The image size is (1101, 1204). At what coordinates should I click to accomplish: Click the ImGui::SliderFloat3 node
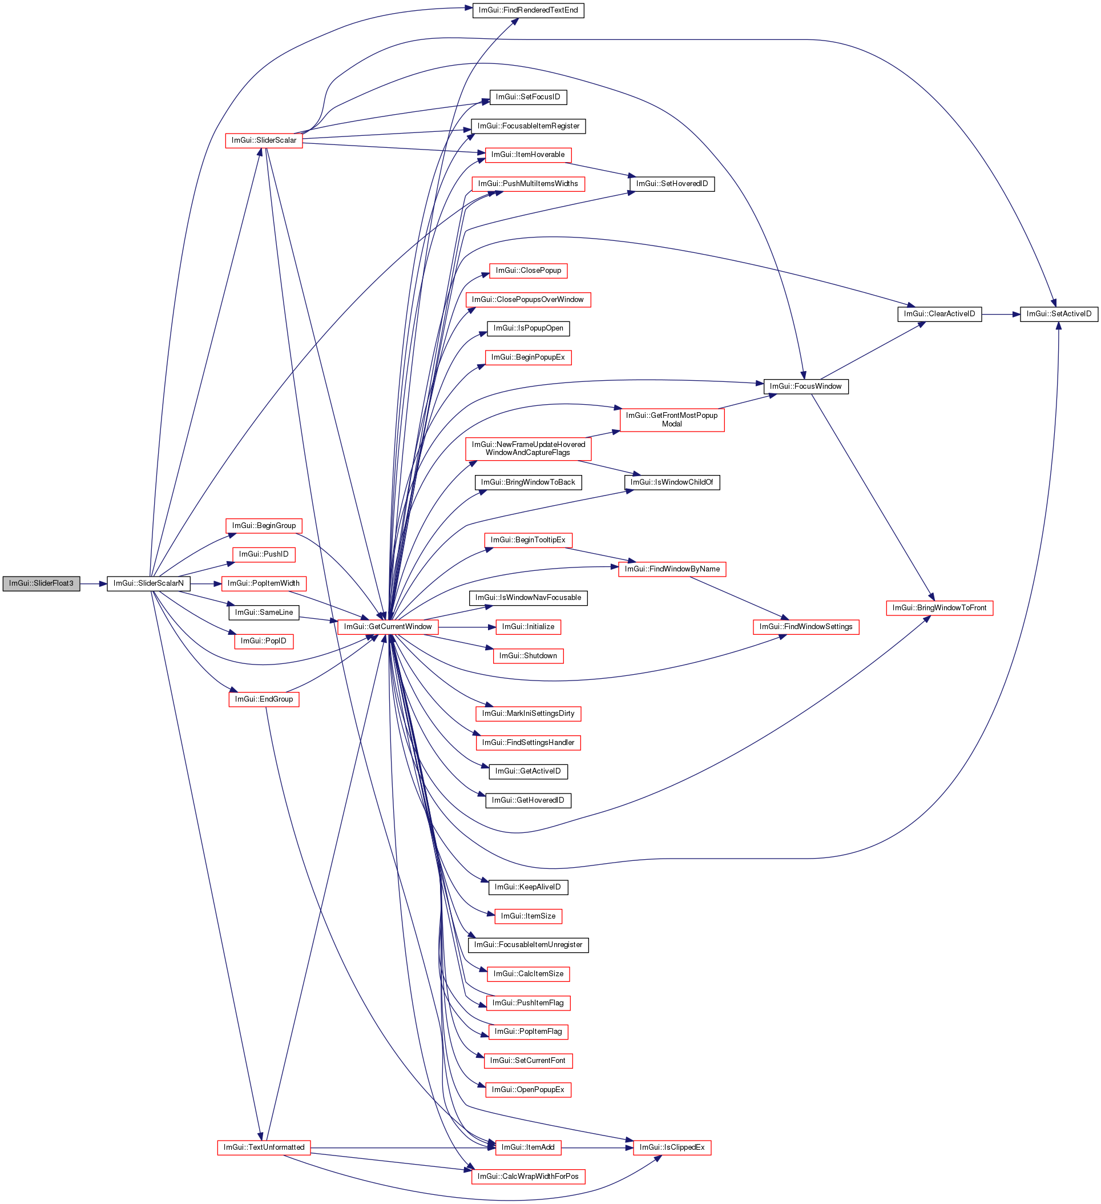click(41, 583)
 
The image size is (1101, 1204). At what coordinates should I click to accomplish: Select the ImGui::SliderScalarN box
click(148, 583)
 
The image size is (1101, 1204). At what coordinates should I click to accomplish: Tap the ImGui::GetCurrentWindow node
click(388, 627)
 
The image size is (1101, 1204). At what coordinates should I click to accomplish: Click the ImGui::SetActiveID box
click(1058, 314)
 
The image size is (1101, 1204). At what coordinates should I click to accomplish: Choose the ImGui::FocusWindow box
click(805, 386)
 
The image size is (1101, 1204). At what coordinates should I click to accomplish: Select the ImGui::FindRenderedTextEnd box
click(528, 11)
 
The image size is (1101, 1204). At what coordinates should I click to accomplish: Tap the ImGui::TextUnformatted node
click(263, 1147)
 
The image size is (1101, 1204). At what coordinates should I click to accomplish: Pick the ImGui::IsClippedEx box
click(672, 1147)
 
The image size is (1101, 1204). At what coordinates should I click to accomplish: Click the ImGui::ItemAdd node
click(528, 1147)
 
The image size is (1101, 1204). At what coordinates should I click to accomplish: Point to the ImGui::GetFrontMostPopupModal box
click(672, 419)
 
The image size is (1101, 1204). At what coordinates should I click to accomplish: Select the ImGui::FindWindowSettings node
click(805, 627)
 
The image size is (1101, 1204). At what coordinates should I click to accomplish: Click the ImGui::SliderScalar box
click(263, 140)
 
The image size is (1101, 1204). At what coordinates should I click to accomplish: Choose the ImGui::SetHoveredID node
click(672, 184)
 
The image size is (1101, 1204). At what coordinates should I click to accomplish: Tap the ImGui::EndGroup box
click(263, 699)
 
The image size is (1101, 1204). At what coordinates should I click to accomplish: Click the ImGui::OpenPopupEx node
click(528, 1090)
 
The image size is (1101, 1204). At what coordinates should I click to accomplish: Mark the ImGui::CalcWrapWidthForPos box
click(528, 1177)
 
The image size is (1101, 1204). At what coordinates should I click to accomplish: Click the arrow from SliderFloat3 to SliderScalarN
click(93, 583)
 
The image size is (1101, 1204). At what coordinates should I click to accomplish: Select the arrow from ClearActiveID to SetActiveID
click(1001, 314)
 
